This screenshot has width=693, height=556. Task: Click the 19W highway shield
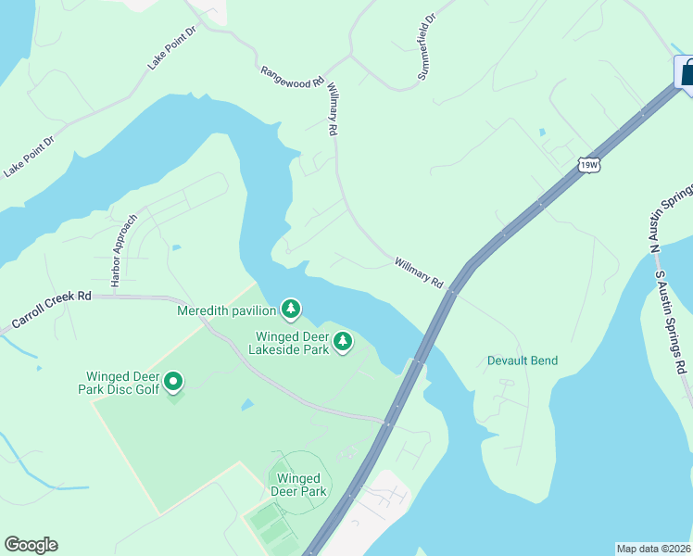click(589, 165)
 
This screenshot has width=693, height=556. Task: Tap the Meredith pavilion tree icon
click(292, 308)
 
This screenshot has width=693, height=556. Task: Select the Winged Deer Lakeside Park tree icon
click(344, 342)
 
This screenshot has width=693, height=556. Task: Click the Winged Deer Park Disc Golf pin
click(172, 382)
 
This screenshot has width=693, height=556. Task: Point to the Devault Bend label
click(523, 360)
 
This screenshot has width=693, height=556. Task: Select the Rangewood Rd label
click(292, 75)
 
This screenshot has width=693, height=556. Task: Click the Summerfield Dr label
click(427, 46)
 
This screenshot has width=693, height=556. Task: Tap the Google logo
click(31, 545)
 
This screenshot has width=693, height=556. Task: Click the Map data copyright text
click(654, 549)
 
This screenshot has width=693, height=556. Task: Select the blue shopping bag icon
click(687, 72)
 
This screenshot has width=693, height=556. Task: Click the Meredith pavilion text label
click(229, 310)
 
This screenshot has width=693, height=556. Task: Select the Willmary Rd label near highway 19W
click(419, 272)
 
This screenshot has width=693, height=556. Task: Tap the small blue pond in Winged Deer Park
click(246, 405)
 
